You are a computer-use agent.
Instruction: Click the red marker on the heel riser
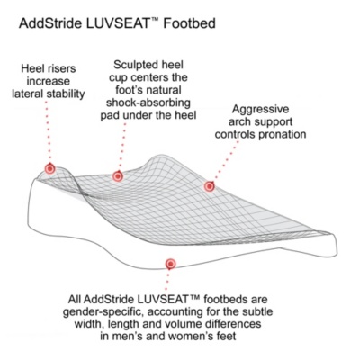click(x=50, y=169)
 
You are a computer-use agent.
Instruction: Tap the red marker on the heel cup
click(x=118, y=176)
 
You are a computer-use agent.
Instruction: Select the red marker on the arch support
click(x=210, y=186)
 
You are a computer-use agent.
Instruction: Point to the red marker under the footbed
click(x=171, y=264)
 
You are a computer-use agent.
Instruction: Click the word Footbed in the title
click(x=189, y=23)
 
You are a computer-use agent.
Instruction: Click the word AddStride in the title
click(x=49, y=23)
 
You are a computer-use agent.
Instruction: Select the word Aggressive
click(x=260, y=109)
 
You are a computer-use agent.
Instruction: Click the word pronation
click(x=283, y=135)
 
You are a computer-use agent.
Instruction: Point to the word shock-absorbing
click(x=148, y=103)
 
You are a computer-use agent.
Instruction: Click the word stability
click(x=66, y=94)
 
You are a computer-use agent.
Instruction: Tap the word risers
click(x=61, y=68)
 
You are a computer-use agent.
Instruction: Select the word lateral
click(x=28, y=94)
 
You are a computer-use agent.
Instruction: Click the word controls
click(x=235, y=134)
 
